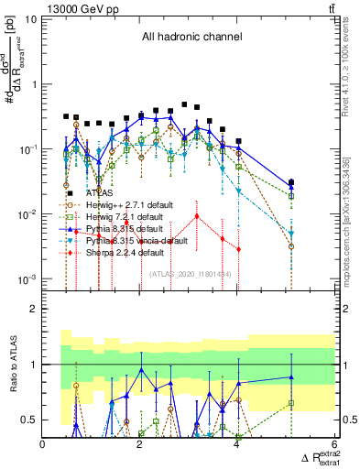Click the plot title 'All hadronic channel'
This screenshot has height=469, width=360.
pos(191,38)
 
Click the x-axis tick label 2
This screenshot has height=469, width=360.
pos(140,445)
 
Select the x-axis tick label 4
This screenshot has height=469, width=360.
pos(237,445)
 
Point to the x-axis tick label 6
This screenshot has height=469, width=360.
pos(333,445)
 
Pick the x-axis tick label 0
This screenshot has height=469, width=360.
pos(44,445)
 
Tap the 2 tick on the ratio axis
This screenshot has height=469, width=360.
pos(33,309)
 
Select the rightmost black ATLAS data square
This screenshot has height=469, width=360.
pos(291,183)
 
